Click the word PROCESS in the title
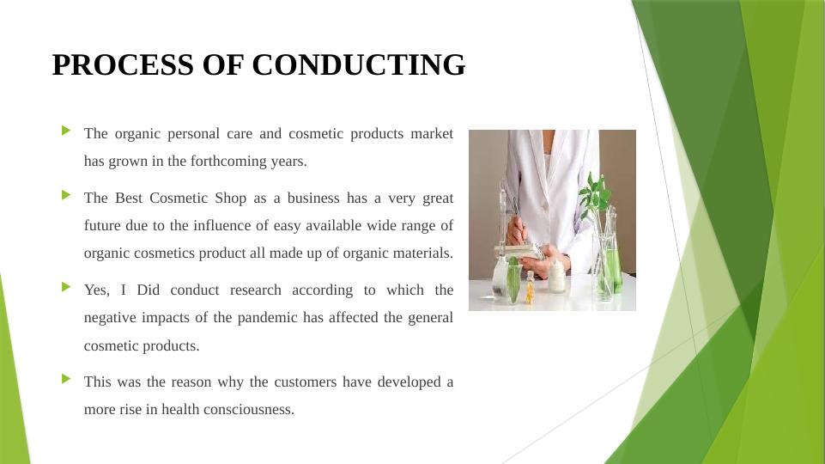click(123, 64)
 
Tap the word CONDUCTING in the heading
click(358, 64)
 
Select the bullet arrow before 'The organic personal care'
click(66, 130)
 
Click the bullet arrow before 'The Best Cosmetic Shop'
click(66, 195)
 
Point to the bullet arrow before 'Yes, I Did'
click(66, 287)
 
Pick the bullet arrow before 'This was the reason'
click(66, 379)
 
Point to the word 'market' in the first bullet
click(432, 134)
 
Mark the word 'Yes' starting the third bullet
click(97, 290)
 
